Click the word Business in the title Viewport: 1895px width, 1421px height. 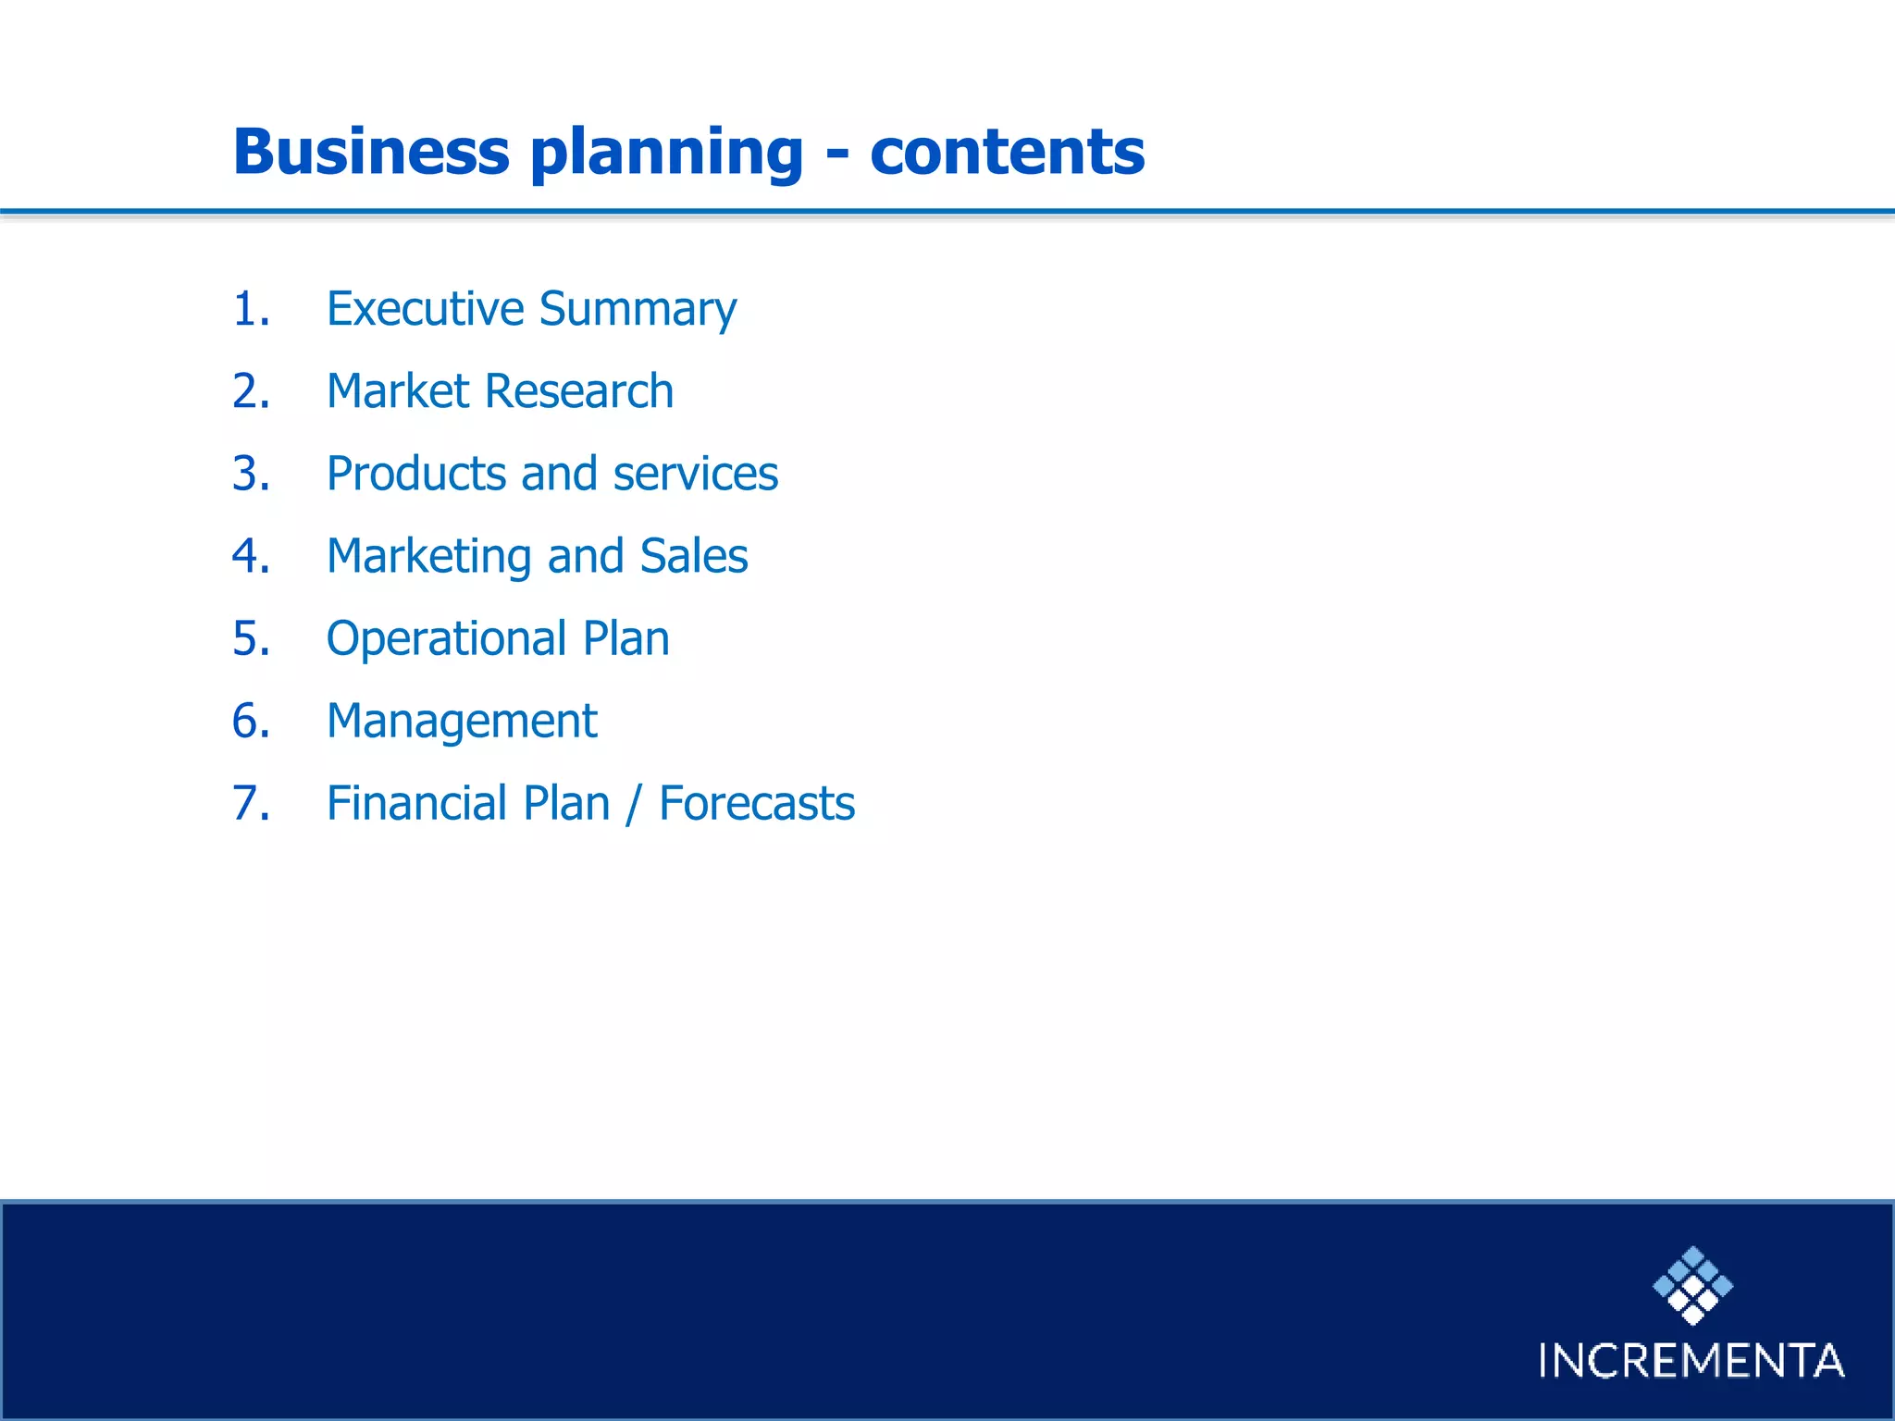point(371,152)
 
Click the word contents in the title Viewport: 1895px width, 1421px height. point(1007,152)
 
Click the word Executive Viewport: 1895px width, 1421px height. point(425,309)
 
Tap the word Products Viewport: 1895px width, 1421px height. point(415,474)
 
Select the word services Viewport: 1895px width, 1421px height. point(695,474)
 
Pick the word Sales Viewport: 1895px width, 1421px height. point(693,556)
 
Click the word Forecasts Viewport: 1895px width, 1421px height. point(757,803)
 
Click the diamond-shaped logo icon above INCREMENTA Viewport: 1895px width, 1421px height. point(1692,1285)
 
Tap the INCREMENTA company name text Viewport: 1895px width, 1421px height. point(1691,1361)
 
